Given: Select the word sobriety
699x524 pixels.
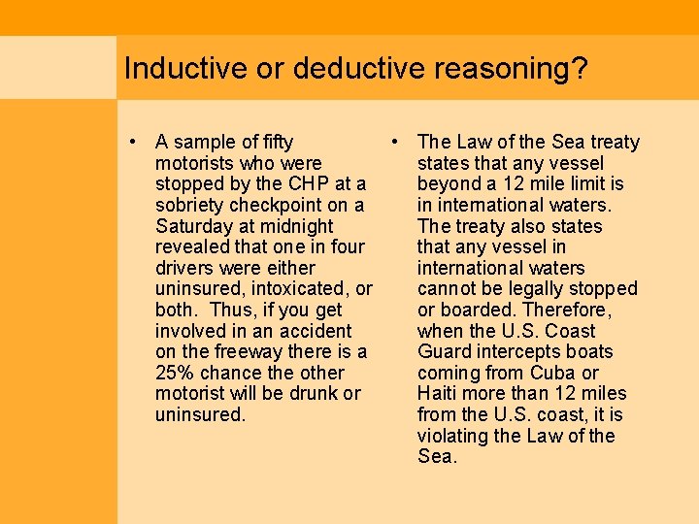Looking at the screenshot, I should (x=190, y=206).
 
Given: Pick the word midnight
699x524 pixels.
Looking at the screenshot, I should (x=295, y=226).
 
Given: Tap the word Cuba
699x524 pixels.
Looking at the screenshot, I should (x=554, y=373).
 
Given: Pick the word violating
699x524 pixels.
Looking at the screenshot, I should (x=454, y=436).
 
